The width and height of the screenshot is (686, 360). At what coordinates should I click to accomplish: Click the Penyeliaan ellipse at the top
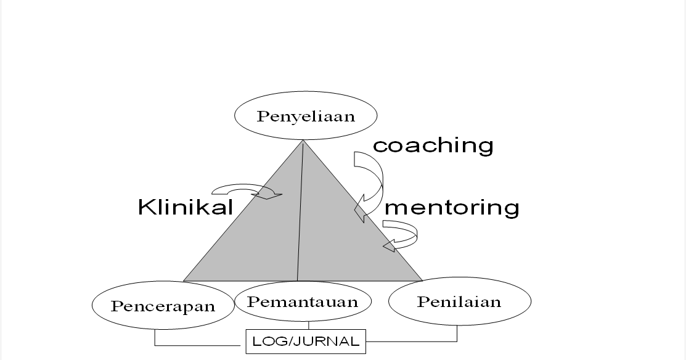(306, 116)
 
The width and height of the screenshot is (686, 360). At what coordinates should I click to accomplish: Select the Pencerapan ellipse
(163, 305)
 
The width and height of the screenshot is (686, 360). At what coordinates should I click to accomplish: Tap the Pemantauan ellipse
(303, 301)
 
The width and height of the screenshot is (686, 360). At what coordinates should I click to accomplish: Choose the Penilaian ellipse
(459, 301)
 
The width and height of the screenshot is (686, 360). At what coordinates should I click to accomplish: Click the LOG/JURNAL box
(306, 342)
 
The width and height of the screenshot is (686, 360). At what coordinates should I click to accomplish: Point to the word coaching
(433, 145)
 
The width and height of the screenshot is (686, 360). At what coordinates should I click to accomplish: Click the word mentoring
(452, 207)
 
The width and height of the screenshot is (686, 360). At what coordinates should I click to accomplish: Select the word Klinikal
(186, 207)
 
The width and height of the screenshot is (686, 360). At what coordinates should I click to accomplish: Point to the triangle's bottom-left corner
(185, 280)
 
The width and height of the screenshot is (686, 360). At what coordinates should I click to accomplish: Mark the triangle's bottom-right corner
(421, 280)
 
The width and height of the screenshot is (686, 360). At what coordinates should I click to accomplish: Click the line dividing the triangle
(301, 216)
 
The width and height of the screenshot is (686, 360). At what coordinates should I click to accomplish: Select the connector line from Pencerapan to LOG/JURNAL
(185, 345)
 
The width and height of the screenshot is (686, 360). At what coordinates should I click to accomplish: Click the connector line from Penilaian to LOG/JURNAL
(425, 341)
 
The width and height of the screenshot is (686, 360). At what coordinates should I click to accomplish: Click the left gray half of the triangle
(259, 247)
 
